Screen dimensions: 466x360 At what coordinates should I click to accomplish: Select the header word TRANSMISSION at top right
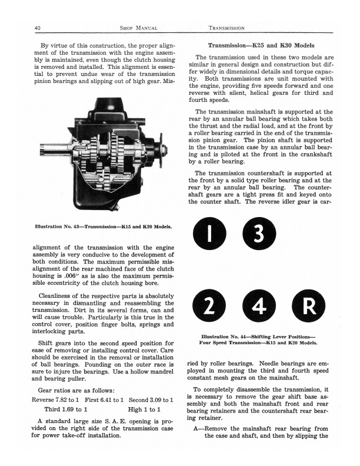[x=226, y=28]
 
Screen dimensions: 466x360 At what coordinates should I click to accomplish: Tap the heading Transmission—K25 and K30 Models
[x=261, y=45]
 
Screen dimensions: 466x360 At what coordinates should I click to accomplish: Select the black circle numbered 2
[x=209, y=305]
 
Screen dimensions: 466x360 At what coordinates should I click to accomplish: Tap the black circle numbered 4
[x=257, y=305]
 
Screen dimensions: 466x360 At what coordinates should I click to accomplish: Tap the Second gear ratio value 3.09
[x=156, y=399]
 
